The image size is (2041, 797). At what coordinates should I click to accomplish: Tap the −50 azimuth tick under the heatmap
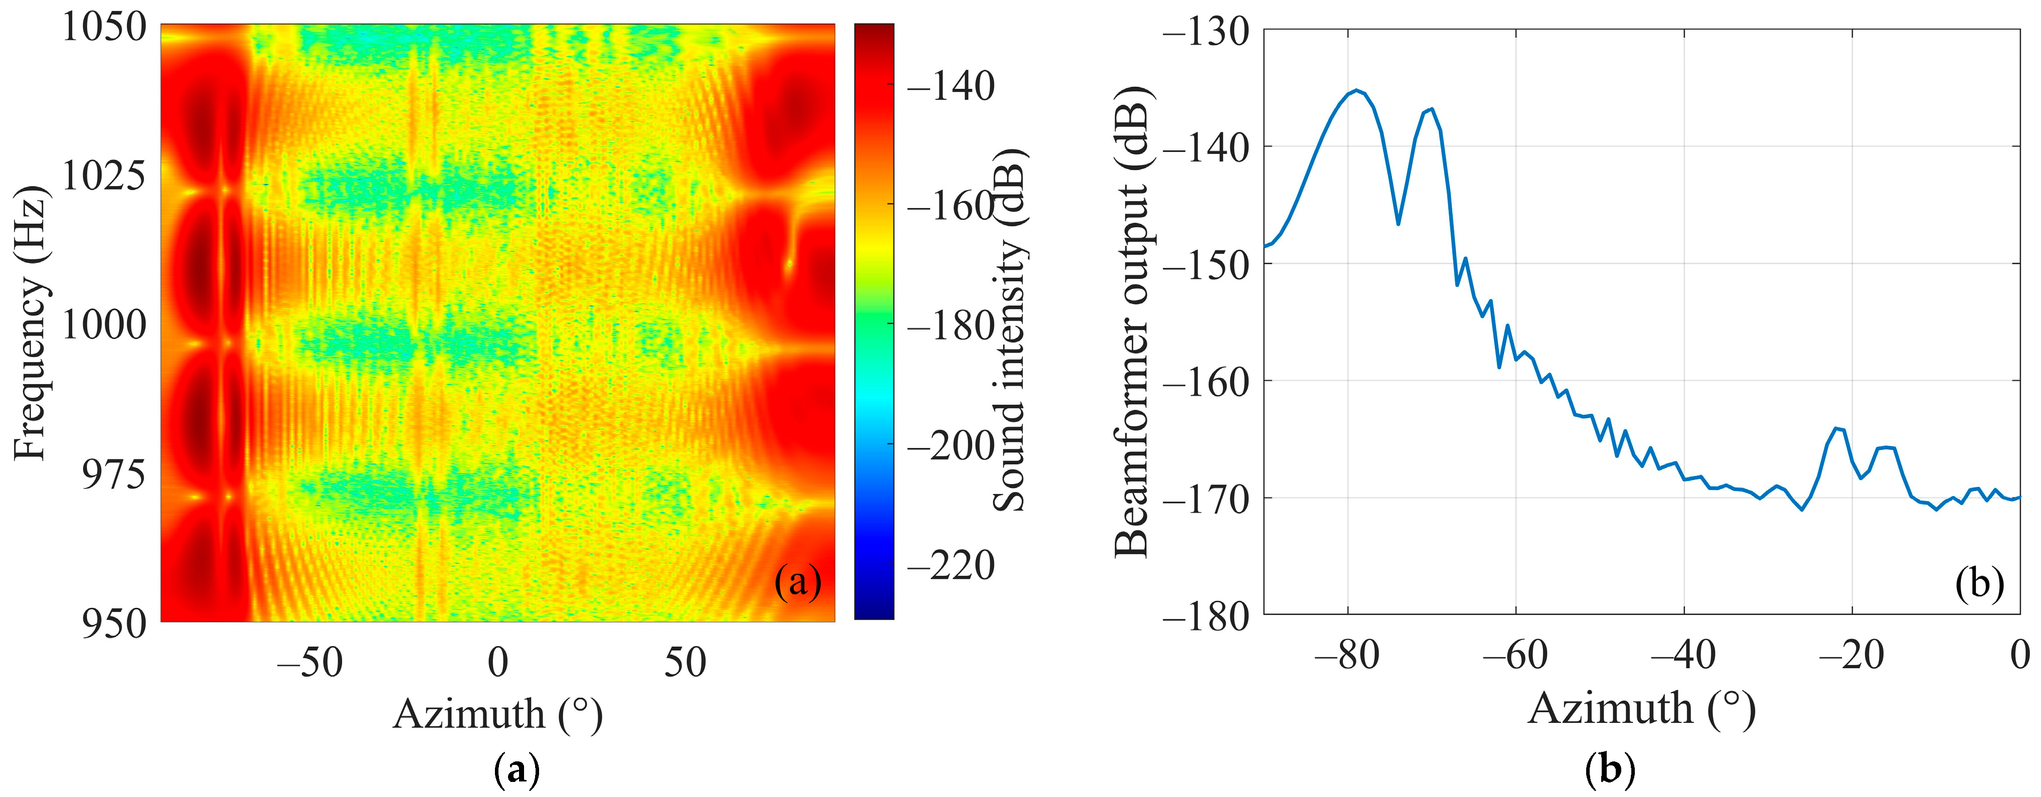point(310,662)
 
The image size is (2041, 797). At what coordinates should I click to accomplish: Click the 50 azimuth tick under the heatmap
point(685,662)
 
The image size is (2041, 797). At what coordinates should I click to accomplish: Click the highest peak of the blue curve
point(1356,90)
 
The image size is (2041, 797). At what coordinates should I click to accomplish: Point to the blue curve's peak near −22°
point(1836,429)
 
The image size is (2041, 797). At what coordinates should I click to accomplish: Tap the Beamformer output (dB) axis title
point(1132,323)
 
